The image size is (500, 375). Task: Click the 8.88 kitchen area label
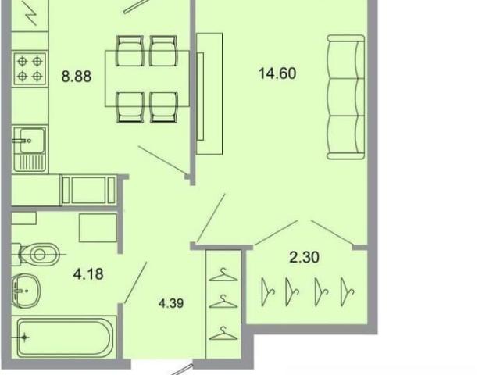click(x=77, y=77)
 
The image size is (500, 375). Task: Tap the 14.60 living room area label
click(x=277, y=73)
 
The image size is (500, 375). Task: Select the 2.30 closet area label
click(x=304, y=257)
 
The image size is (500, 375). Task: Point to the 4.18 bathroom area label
click(x=88, y=274)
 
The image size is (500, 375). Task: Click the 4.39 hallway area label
click(x=171, y=303)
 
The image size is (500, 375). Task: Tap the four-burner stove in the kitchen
click(x=30, y=69)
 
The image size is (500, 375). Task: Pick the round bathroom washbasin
click(x=26, y=291)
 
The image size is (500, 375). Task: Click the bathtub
click(x=65, y=337)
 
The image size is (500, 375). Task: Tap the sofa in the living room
click(x=346, y=97)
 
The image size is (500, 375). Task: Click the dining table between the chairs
click(x=148, y=78)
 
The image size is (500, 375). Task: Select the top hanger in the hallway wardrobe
click(x=223, y=275)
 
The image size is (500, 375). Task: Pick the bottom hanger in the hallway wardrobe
click(x=223, y=334)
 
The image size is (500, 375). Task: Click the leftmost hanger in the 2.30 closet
click(x=267, y=291)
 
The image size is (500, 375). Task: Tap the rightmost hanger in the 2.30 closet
click(x=347, y=291)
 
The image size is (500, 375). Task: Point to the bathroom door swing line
click(x=135, y=282)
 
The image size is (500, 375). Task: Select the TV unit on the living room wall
click(x=209, y=94)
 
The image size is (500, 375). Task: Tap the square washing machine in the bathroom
click(x=98, y=228)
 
